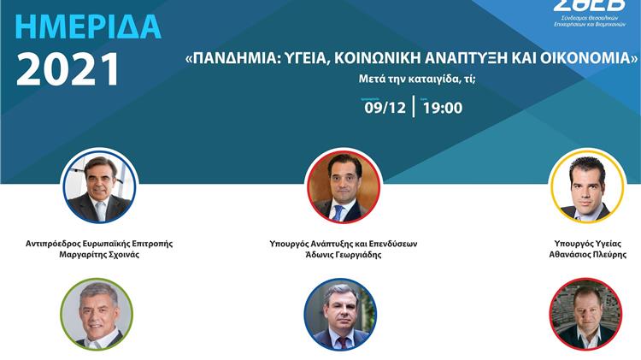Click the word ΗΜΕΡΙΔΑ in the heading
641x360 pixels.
click(87, 27)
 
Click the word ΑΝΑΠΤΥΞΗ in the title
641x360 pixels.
click(475, 60)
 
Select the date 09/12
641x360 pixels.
click(384, 107)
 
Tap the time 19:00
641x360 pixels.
click(442, 107)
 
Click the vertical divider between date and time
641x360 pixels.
click(414, 107)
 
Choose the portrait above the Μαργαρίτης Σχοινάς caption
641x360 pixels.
click(100, 187)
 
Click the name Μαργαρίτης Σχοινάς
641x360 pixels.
click(100, 255)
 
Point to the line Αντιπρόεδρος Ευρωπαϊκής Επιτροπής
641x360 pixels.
click(100, 243)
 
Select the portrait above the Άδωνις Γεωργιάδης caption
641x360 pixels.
click(343, 187)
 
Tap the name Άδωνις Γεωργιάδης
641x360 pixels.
click(343, 255)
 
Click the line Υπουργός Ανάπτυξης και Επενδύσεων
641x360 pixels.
click(343, 243)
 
